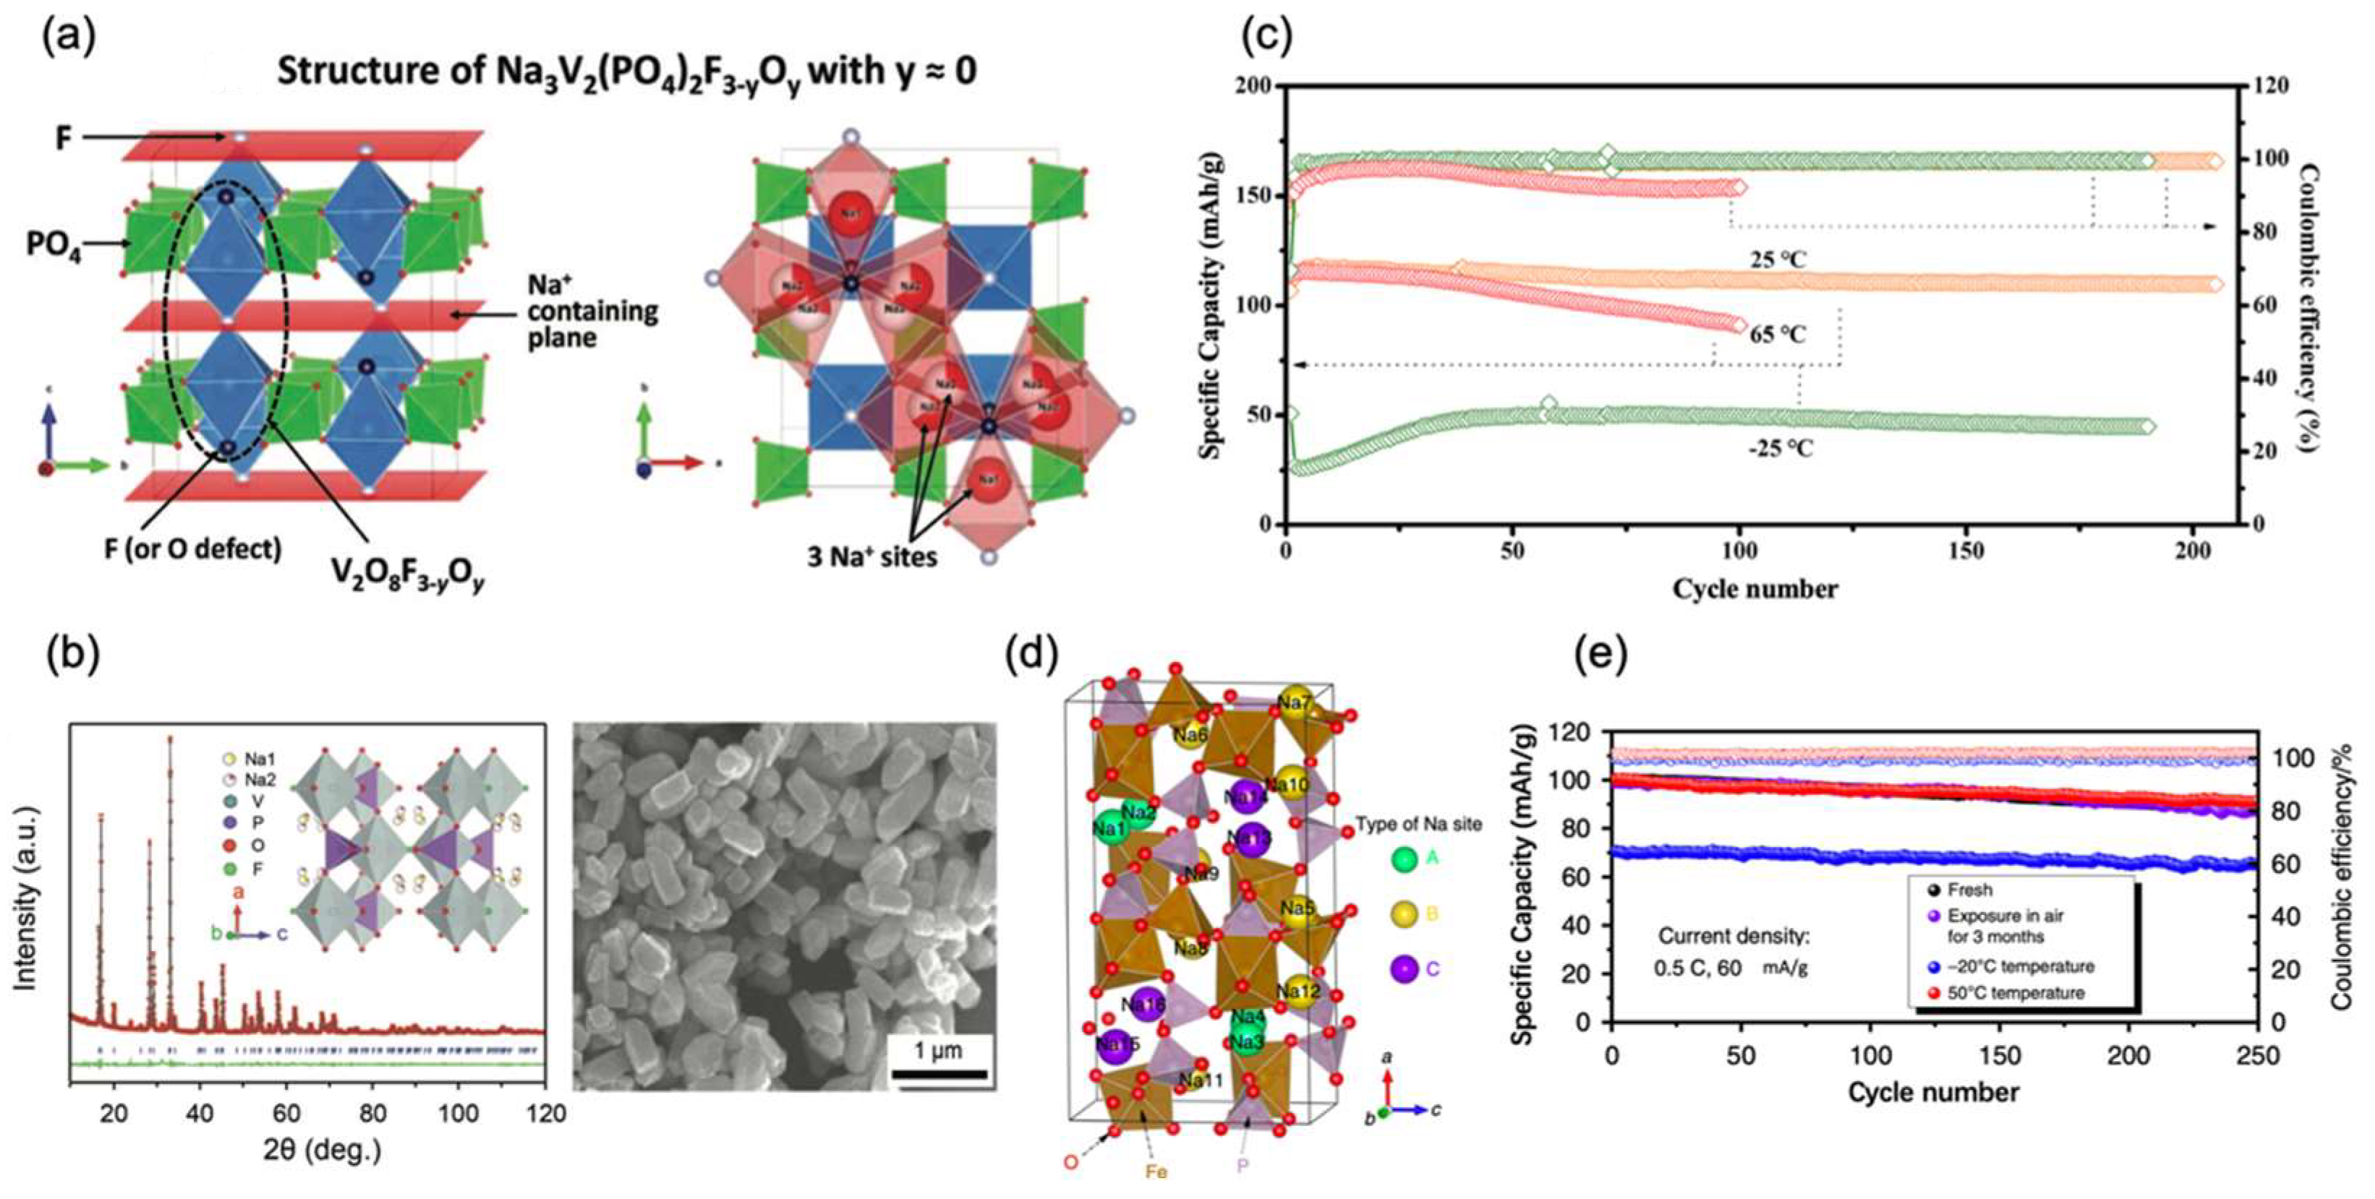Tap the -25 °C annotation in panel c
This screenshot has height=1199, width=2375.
pyautogui.click(x=1781, y=449)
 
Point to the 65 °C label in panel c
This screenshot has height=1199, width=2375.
pyautogui.click(x=1778, y=334)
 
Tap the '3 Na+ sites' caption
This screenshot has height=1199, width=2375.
pyautogui.click(x=871, y=556)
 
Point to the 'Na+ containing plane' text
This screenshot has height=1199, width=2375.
pyautogui.click(x=592, y=311)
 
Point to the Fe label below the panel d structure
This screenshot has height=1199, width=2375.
pyautogui.click(x=1156, y=1172)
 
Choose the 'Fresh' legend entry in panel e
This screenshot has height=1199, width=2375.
pyautogui.click(x=1969, y=890)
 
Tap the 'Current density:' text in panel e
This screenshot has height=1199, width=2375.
pyautogui.click(x=1734, y=937)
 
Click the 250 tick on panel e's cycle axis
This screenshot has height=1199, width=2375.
pyautogui.click(x=2257, y=1055)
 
